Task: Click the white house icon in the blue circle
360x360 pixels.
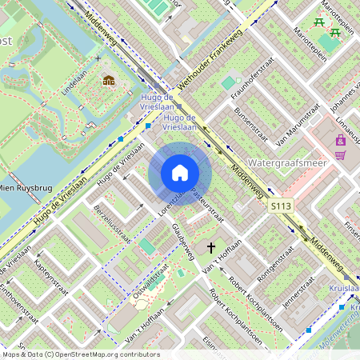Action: pos(180,173)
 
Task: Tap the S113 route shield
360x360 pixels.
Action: pos(279,206)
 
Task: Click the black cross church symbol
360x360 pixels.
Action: pos(212,248)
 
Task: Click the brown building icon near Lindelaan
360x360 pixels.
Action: pos(108,80)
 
